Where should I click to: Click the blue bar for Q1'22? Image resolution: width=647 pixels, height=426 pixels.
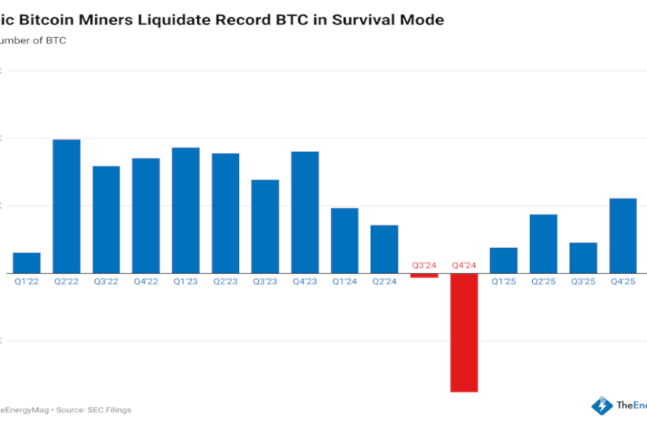point(27,262)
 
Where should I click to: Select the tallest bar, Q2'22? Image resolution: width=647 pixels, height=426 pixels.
point(66,205)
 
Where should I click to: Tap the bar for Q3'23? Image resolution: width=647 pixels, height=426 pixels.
point(265,226)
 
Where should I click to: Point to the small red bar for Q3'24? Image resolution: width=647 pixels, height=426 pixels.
point(424,275)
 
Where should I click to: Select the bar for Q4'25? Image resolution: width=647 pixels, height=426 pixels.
point(623,235)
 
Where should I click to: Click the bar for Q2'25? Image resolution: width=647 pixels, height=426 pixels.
point(543,243)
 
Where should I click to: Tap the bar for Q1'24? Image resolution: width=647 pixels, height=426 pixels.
point(344,240)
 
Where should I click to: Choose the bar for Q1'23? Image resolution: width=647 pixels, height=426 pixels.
point(186,210)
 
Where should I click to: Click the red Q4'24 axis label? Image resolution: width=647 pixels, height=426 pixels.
point(464,265)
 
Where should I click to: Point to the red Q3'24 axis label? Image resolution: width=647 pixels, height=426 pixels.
point(424,265)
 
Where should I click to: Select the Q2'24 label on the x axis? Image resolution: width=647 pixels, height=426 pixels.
point(384,281)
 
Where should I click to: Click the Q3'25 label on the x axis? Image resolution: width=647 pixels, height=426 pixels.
point(583,281)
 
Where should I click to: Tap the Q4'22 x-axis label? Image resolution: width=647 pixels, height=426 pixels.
point(145,281)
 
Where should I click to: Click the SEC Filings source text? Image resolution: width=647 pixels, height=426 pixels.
point(105,409)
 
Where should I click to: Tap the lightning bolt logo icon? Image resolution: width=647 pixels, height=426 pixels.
point(602,406)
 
